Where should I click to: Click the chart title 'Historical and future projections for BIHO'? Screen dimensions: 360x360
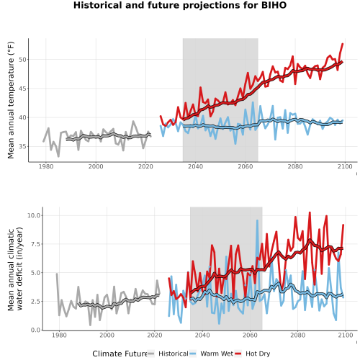click(x=180, y=5)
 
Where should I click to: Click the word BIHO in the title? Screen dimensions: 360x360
click(x=274, y=5)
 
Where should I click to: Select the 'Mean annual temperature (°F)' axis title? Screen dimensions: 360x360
click(x=11, y=100)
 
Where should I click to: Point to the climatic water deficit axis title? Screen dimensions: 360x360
click(x=15, y=269)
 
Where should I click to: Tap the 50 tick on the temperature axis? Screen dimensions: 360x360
click(x=22, y=60)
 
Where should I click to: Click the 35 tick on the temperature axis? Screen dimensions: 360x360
click(x=22, y=146)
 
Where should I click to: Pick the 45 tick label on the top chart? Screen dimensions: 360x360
click(x=22, y=89)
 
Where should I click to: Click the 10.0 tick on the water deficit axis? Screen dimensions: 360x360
click(x=34, y=215)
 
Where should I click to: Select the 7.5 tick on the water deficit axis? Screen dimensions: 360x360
click(x=35, y=244)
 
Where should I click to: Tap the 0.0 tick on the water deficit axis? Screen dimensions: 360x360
click(x=35, y=330)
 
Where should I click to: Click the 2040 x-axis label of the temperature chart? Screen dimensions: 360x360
click(x=195, y=166)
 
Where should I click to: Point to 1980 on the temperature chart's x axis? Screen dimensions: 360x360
click(x=46, y=166)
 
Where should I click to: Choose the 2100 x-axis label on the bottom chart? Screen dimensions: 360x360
click(x=346, y=335)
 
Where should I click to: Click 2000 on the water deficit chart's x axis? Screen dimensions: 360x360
click(x=107, y=335)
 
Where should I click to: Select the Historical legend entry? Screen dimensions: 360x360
click(x=168, y=354)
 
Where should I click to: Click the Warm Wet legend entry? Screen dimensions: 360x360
click(x=211, y=354)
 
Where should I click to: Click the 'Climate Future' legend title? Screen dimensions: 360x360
click(x=120, y=354)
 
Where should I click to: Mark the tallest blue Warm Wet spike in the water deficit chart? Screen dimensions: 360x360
click(x=257, y=220)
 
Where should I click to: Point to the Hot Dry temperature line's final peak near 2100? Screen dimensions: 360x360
click(x=343, y=44)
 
